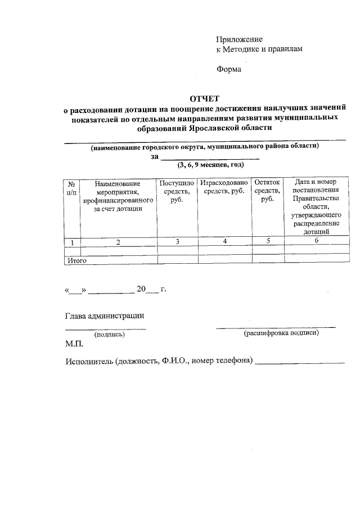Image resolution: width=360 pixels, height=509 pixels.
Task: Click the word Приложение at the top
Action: [240, 39]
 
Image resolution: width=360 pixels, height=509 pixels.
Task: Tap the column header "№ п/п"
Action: [72, 188]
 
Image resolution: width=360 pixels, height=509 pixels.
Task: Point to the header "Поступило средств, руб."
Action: [177, 192]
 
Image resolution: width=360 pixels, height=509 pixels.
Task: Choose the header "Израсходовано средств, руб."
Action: [224, 188]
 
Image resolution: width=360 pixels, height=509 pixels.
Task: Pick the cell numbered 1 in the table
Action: [72, 242]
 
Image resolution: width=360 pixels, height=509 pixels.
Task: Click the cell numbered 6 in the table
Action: [316, 241]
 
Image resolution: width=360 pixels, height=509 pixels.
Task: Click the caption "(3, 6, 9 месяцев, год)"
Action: [210, 165]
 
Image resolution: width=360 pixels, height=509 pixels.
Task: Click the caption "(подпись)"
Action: [110, 334]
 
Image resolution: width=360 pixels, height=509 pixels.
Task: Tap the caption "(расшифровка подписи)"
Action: [281, 333]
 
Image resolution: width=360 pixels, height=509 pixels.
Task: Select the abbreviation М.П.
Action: [74, 344]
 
